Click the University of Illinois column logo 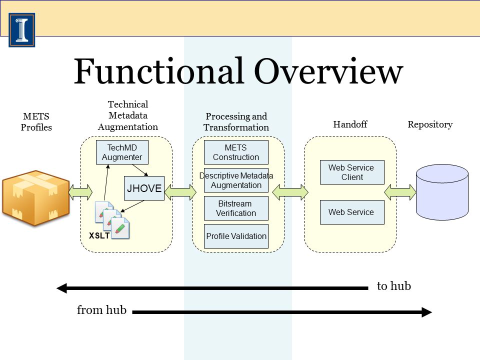tap(21, 30)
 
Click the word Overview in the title tap(328, 71)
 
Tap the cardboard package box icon tap(36, 198)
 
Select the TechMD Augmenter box tap(122, 152)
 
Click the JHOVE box tap(144, 188)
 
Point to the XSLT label tap(99, 235)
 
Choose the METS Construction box tap(236, 152)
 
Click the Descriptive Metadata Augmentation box tap(236, 180)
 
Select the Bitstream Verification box tap(236, 208)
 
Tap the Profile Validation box tap(236, 236)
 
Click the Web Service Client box tap(352, 172)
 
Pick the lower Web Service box tap(352, 212)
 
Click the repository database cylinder tap(442, 192)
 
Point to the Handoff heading tap(350, 124)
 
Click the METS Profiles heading tap(36, 122)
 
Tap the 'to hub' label tap(394, 286)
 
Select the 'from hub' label tap(101, 310)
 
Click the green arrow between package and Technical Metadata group tap(80, 192)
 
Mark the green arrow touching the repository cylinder tap(400, 192)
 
